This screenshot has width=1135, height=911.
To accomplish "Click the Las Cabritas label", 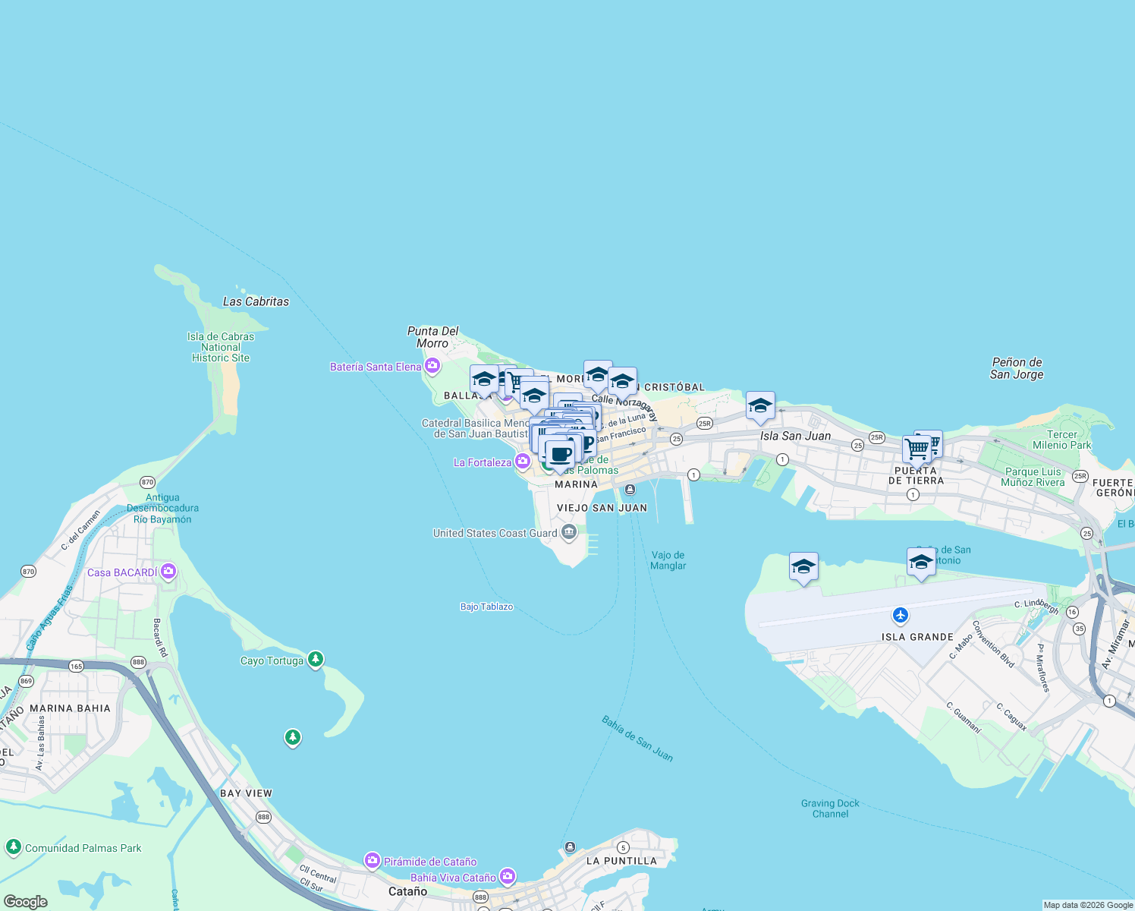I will pyautogui.click(x=256, y=301).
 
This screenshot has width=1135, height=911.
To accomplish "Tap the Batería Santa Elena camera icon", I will pyautogui.click(x=432, y=367).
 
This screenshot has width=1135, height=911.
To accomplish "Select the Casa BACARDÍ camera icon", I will pyautogui.click(x=168, y=572).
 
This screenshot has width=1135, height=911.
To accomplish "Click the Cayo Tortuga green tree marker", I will pyautogui.click(x=316, y=659).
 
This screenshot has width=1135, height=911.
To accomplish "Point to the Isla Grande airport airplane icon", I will pyautogui.click(x=901, y=615).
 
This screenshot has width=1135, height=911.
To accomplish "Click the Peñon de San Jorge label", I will pyautogui.click(x=1017, y=368).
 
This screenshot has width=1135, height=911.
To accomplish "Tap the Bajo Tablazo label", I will pyautogui.click(x=486, y=607).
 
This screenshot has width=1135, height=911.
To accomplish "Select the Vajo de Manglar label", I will pyautogui.click(x=668, y=560).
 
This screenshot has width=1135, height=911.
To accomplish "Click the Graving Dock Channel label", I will pyautogui.click(x=830, y=809).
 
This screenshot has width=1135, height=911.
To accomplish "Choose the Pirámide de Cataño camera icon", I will pyautogui.click(x=372, y=861).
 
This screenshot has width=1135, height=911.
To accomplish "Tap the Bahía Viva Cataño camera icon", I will pyautogui.click(x=508, y=877).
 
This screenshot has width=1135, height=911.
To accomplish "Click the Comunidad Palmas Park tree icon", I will pyautogui.click(x=13, y=846).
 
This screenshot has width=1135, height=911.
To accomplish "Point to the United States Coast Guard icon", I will pyautogui.click(x=569, y=533).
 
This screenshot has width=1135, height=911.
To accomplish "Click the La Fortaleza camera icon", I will pyautogui.click(x=523, y=462).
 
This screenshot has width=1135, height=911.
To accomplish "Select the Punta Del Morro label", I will pyautogui.click(x=433, y=337).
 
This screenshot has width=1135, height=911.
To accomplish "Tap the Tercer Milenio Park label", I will pyautogui.click(x=1061, y=440).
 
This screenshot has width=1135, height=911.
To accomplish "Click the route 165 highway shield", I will pyautogui.click(x=76, y=667).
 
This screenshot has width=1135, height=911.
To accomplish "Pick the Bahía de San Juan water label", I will pyautogui.click(x=637, y=738).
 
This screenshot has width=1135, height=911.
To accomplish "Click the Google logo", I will pyautogui.click(x=26, y=902).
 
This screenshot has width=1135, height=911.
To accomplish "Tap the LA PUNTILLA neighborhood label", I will pyautogui.click(x=621, y=861).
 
